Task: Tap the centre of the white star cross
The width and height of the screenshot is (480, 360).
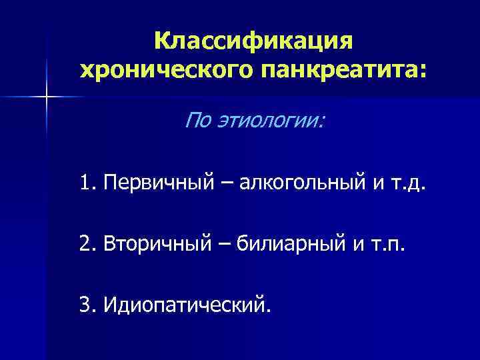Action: [47, 97]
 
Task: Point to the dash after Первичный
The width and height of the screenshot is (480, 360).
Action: [215, 182]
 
